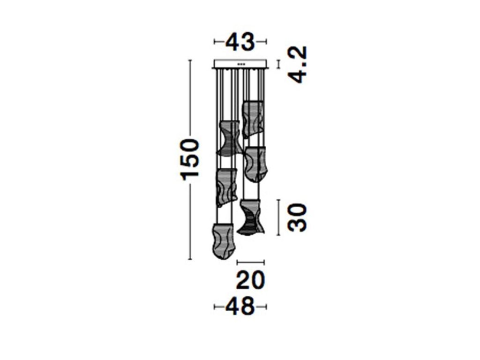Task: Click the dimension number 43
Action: click(x=240, y=42)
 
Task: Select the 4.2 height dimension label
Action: click(x=298, y=65)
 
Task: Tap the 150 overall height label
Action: click(x=190, y=159)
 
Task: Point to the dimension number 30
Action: click(x=297, y=217)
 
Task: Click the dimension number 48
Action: click(x=240, y=306)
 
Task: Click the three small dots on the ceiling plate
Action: click(x=241, y=64)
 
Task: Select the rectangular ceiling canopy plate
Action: click(x=240, y=64)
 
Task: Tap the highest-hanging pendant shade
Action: click(x=253, y=120)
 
